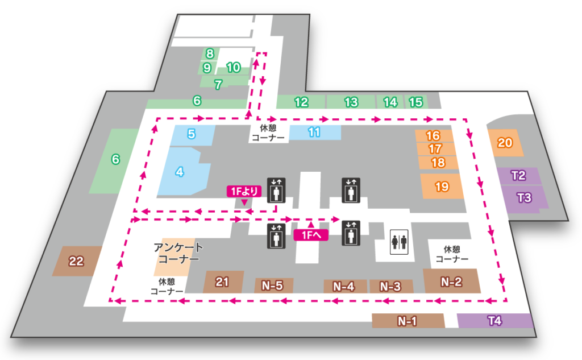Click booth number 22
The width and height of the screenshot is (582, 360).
(x=76, y=261)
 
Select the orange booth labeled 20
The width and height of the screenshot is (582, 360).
(x=505, y=142)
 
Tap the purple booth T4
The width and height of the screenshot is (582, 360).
(x=495, y=321)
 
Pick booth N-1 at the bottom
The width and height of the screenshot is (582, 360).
(x=408, y=321)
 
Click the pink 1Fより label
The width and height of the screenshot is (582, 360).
(x=243, y=191)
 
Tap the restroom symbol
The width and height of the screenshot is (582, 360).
(x=398, y=242)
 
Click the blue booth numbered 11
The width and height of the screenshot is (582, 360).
(x=314, y=132)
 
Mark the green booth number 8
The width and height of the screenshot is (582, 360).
(x=210, y=54)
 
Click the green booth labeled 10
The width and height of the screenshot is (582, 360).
(x=233, y=67)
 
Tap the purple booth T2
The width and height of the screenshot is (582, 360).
(x=518, y=175)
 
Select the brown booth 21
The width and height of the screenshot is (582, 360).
(x=222, y=281)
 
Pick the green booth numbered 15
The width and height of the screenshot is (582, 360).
(x=416, y=102)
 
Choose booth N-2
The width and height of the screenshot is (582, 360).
(x=452, y=281)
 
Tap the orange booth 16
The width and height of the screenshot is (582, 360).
(x=433, y=136)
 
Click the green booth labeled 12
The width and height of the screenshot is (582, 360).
(x=301, y=102)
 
